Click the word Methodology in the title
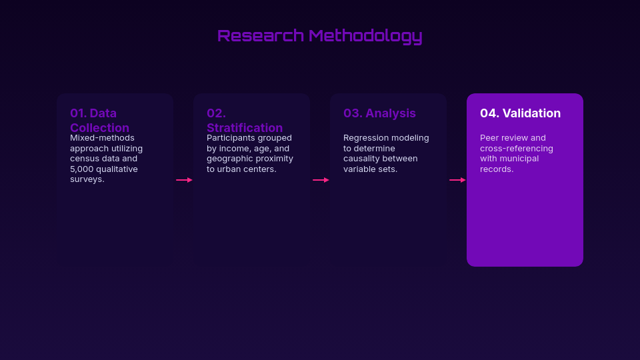tap(365, 36)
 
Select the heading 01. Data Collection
tap(99, 120)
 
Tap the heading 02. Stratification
tap(244, 120)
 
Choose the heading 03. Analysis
tap(379, 113)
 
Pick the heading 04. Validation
tap(520, 113)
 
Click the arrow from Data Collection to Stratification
tap(184, 180)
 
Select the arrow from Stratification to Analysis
tap(321, 180)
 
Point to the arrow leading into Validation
tap(457, 180)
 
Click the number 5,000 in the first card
tap(83, 169)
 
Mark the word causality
tap(363, 159)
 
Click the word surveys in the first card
tap(87, 179)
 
